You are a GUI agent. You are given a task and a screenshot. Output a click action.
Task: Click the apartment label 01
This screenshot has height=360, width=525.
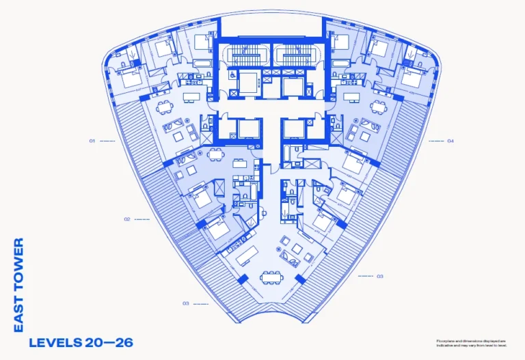click(x=91, y=141)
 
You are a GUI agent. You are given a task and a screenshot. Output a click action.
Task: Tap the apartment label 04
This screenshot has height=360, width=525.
click(x=450, y=141)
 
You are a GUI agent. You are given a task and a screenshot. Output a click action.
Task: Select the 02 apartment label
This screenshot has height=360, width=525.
click(x=127, y=219)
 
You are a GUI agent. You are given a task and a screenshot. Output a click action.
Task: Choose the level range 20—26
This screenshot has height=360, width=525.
click(x=109, y=342)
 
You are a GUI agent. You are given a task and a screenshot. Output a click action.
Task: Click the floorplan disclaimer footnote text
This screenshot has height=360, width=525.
click(x=472, y=342)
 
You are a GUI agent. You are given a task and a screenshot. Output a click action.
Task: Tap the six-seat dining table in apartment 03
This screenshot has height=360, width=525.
click(x=271, y=277)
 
